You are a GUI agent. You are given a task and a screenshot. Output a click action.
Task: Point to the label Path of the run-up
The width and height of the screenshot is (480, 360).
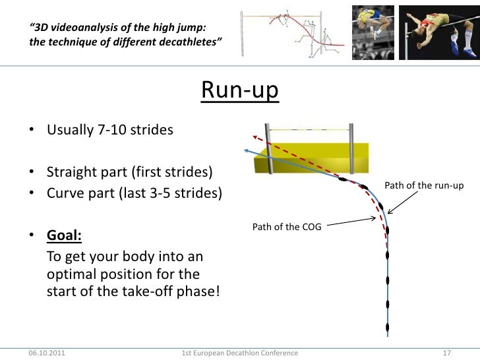click(424, 185)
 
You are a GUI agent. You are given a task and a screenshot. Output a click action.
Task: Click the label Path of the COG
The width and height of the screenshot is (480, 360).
click(285, 227)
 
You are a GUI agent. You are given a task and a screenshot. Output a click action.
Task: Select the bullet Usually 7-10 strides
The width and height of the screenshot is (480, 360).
click(109, 129)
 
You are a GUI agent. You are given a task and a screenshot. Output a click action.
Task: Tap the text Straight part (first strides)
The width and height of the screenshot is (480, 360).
click(129, 173)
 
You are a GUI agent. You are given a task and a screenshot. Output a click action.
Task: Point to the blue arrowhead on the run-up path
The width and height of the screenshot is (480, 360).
click(247, 151)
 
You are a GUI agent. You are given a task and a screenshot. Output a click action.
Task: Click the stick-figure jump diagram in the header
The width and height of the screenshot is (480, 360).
click(291, 33)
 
